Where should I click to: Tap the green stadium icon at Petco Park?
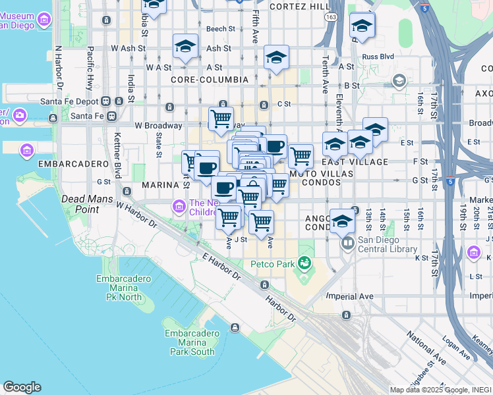[304, 263]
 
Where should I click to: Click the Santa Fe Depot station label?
[69, 101]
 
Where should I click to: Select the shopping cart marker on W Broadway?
[221, 119]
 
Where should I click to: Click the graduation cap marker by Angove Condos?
[342, 221]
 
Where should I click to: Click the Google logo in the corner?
[22, 387]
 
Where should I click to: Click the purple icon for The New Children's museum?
[179, 208]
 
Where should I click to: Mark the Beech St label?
[220, 29]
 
